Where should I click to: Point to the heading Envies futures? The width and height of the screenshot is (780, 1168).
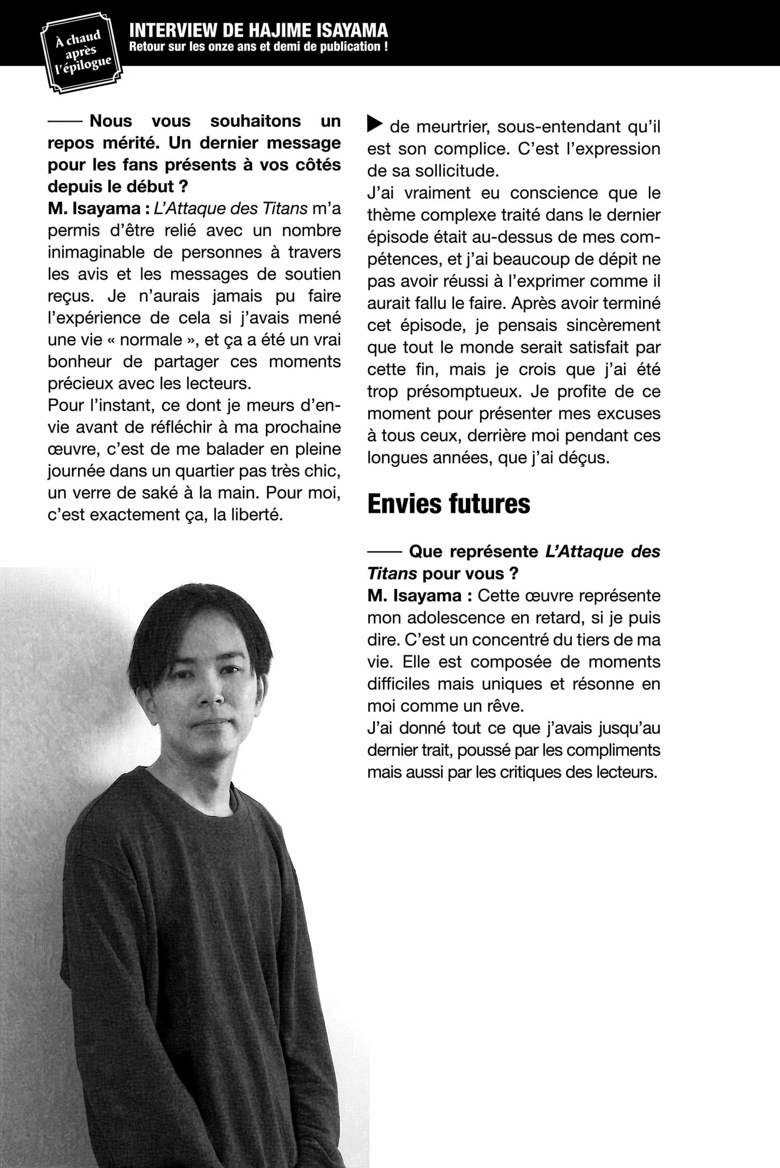tap(448, 503)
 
